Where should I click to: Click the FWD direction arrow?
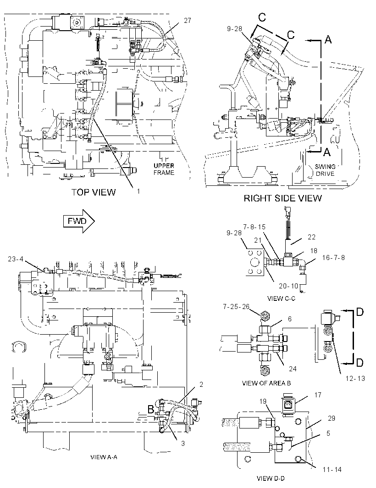point(79,221)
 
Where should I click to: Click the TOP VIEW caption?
point(94,192)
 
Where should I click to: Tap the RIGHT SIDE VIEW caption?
point(283,198)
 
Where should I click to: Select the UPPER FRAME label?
point(164,169)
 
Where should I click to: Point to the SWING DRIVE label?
point(325,170)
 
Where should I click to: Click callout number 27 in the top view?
point(188,21)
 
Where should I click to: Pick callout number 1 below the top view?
point(138,191)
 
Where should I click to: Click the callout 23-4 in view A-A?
point(16,259)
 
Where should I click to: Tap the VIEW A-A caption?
point(104,457)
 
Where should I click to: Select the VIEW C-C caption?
point(281,298)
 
